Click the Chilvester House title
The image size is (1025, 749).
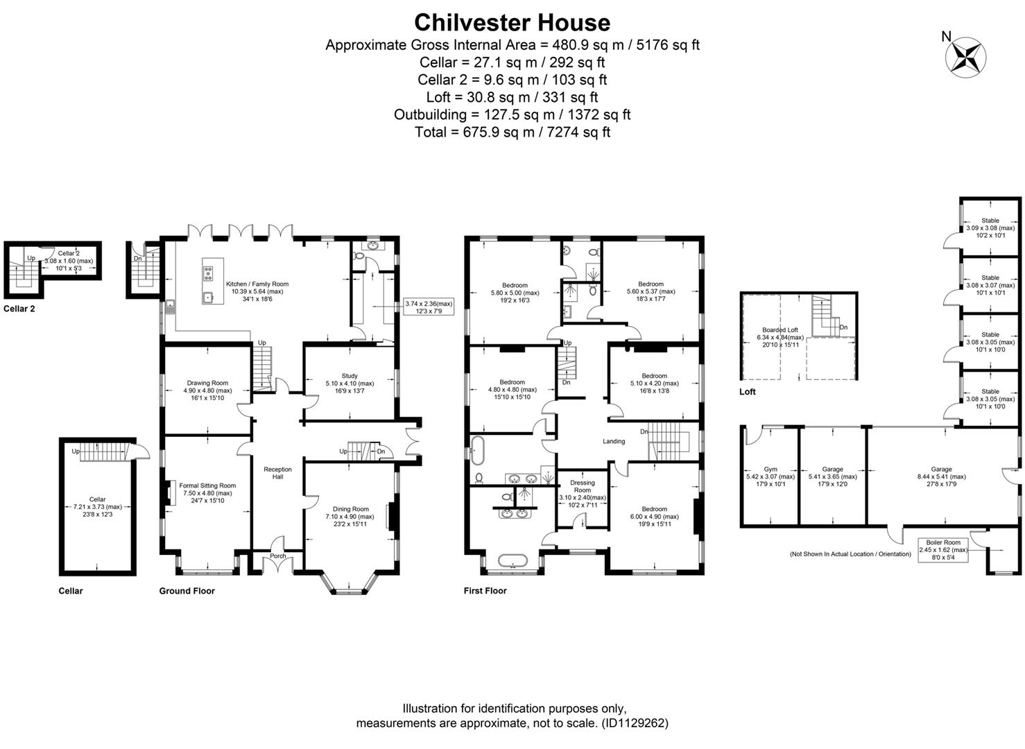[x=512, y=22]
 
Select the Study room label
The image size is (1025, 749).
[x=350, y=376]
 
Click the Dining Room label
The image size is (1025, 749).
[x=350, y=509]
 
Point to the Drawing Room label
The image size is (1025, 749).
[x=207, y=383]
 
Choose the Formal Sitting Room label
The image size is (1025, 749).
[x=207, y=485]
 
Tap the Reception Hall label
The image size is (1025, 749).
[x=277, y=473]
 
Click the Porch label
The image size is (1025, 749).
[x=277, y=556]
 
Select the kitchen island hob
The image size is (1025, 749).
[x=208, y=272]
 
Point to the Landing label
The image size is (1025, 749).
[x=613, y=441]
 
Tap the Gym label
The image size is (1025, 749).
[x=770, y=470]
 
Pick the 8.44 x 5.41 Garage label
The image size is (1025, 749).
[x=941, y=470]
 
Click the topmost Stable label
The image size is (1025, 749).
[x=990, y=221]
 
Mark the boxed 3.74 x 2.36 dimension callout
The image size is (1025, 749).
[x=428, y=307]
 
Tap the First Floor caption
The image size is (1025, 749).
[x=485, y=591]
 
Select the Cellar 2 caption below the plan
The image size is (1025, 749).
[x=19, y=309]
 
